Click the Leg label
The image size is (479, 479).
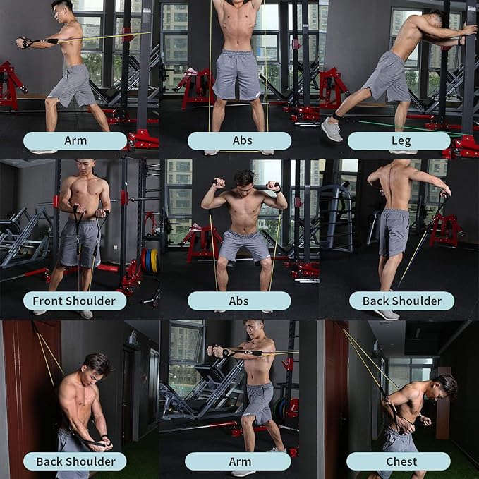399,140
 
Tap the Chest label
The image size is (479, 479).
399,461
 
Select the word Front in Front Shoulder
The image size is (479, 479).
53,301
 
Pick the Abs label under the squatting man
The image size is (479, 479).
238,301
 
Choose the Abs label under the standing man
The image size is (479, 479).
239,140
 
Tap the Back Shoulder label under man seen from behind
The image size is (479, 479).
401,301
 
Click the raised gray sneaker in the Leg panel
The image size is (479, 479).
331,129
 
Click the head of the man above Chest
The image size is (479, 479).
444,387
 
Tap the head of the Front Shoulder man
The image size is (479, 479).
85,169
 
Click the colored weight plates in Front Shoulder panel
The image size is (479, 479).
149,260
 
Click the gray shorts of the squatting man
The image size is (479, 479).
244,245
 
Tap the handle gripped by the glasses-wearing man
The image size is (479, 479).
216,350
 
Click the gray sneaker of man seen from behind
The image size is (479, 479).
386,314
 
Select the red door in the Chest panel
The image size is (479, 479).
336,395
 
